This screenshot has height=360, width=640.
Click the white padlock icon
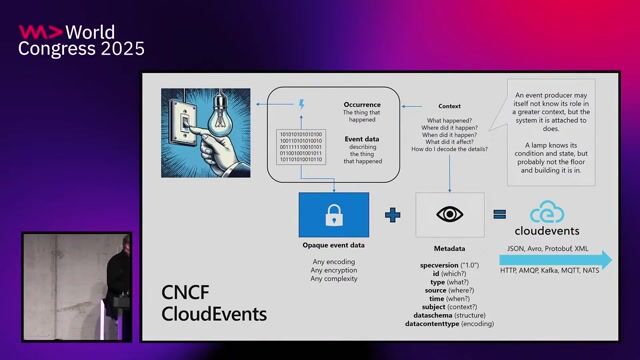click(334, 215)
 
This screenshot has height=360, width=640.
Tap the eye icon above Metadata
click(449, 215)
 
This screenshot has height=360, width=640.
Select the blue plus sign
click(392, 215)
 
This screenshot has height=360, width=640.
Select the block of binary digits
click(300, 146)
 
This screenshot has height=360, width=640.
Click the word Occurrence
click(362, 103)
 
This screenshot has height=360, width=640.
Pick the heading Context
click(449, 105)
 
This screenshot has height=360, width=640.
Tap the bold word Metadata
click(449, 248)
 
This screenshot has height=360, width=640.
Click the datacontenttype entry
click(449, 325)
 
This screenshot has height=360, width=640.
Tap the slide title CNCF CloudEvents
click(214, 303)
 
